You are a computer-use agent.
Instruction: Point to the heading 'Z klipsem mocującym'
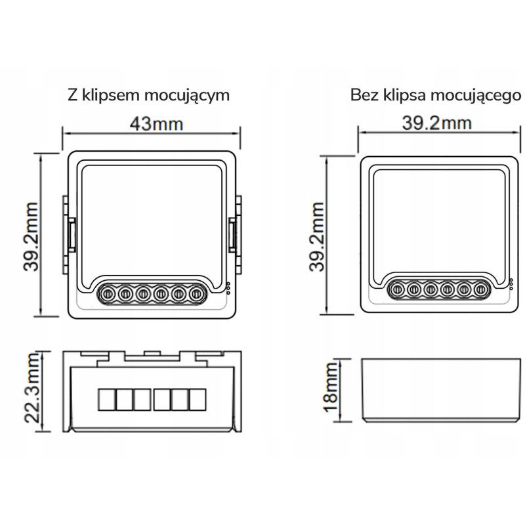tap(148, 94)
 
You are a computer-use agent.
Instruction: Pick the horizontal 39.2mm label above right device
tap(438, 123)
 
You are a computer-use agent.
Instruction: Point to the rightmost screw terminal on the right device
tap(480, 287)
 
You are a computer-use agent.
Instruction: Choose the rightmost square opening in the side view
tap(197, 398)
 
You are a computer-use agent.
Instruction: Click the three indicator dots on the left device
tap(227, 289)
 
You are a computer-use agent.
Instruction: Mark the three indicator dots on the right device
tap(511, 283)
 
